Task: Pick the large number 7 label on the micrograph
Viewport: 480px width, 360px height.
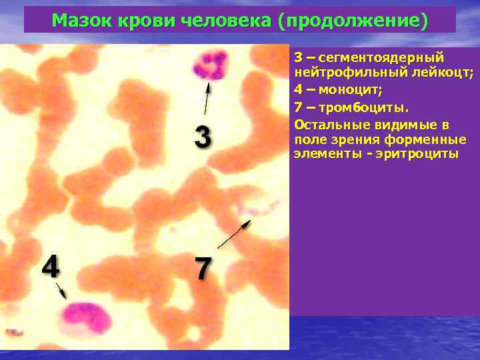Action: [x=203, y=269]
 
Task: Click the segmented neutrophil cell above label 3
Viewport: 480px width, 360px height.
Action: [x=210, y=66]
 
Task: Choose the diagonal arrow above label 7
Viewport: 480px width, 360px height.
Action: [x=233, y=235]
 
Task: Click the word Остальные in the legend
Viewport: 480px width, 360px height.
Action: [x=327, y=124]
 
